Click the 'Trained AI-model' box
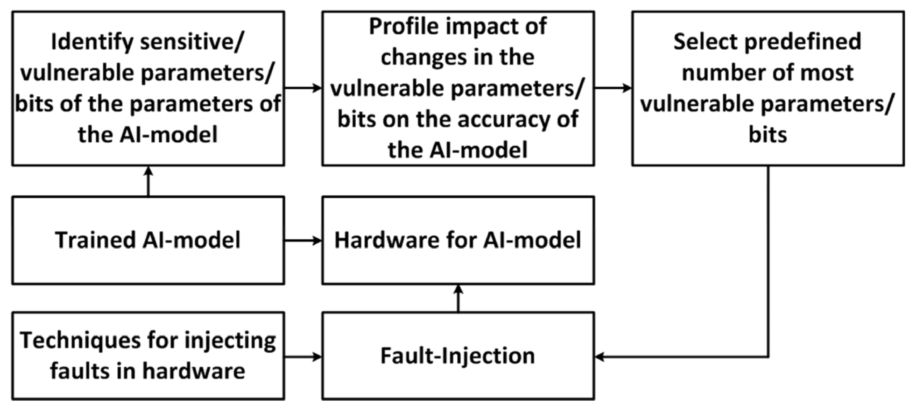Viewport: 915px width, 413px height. [x=148, y=240]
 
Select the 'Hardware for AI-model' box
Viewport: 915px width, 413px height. [x=458, y=240]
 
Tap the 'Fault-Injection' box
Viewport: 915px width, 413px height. [x=458, y=356]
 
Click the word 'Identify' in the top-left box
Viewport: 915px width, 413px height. [x=92, y=42]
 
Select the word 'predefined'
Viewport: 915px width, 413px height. [x=802, y=42]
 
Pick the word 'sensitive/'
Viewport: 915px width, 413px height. [x=192, y=42]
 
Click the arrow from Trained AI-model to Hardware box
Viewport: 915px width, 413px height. [x=303, y=240]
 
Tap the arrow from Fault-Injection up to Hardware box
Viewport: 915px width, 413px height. [x=458, y=298]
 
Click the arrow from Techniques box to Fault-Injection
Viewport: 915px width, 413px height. [x=303, y=357]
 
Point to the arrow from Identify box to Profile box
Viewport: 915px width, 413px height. [x=303, y=88]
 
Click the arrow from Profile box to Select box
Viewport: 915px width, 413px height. [x=613, y=88]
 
